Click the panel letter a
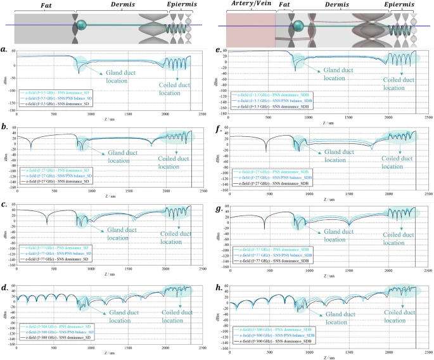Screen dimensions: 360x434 4,49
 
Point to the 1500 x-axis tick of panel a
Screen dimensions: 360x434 129,115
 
